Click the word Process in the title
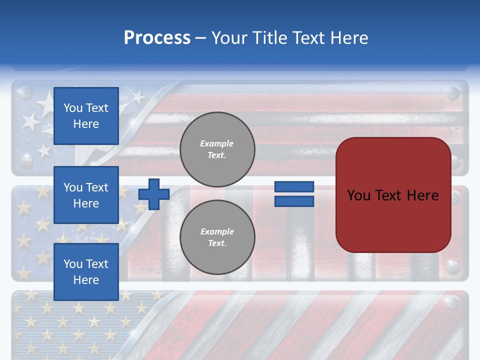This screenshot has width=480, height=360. [x=157, y=38]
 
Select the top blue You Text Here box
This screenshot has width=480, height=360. [x=86, y=116]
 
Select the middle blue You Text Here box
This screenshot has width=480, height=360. [x=86, y=195]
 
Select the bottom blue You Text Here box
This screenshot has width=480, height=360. [x=86, y=271]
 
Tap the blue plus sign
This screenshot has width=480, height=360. [x=154, y=194]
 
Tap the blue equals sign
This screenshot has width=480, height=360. [x=294, y=194]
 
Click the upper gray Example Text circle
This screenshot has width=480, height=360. [x=217, y=149]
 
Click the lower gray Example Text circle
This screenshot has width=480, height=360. [x=217, y=237]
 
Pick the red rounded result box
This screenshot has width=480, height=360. [x=393, y=195]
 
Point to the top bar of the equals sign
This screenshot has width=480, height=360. [x=294, y=187]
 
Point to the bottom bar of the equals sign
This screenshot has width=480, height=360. [x=294, y=201]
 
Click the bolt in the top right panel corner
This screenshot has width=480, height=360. [x=453, y=92]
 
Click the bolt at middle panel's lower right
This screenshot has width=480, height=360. [x=453, y=266]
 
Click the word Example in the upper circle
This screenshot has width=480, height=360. [x=217, y=143]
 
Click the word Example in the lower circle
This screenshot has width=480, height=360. [x=217, y=231]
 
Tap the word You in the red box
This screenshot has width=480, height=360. [x=358, y=195]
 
